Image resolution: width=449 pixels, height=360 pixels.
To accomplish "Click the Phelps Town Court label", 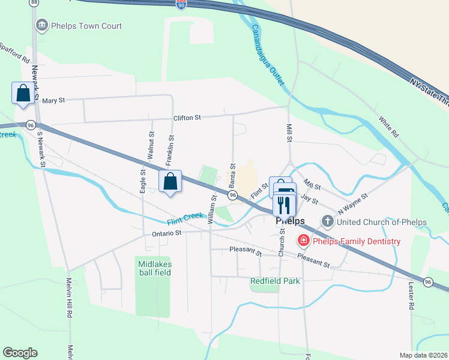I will click(x=86, y=26).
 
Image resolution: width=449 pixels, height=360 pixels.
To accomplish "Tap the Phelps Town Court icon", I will click(x=41, y=26).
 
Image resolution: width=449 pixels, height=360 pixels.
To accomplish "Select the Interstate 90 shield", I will click(x=181, y=4).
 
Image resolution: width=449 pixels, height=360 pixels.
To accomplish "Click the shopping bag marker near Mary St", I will click(x=23, y=94).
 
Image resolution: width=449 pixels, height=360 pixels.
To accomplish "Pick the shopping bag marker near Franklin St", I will click(x=170, y=181).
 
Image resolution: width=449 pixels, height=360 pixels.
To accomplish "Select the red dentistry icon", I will click(x=304, y=241).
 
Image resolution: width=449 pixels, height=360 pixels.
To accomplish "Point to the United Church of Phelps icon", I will click(x=328, y=222).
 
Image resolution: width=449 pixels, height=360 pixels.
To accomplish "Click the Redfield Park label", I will click(x=275, y=281).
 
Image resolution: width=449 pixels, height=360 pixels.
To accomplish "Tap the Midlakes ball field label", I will click(x=154, y=268).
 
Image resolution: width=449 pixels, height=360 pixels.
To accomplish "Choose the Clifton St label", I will click(x=187, y=118).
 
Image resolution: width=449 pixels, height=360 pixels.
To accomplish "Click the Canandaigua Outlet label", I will click(x=267, y=55).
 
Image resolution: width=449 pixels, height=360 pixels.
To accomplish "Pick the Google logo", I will click(x=20, y=353).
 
